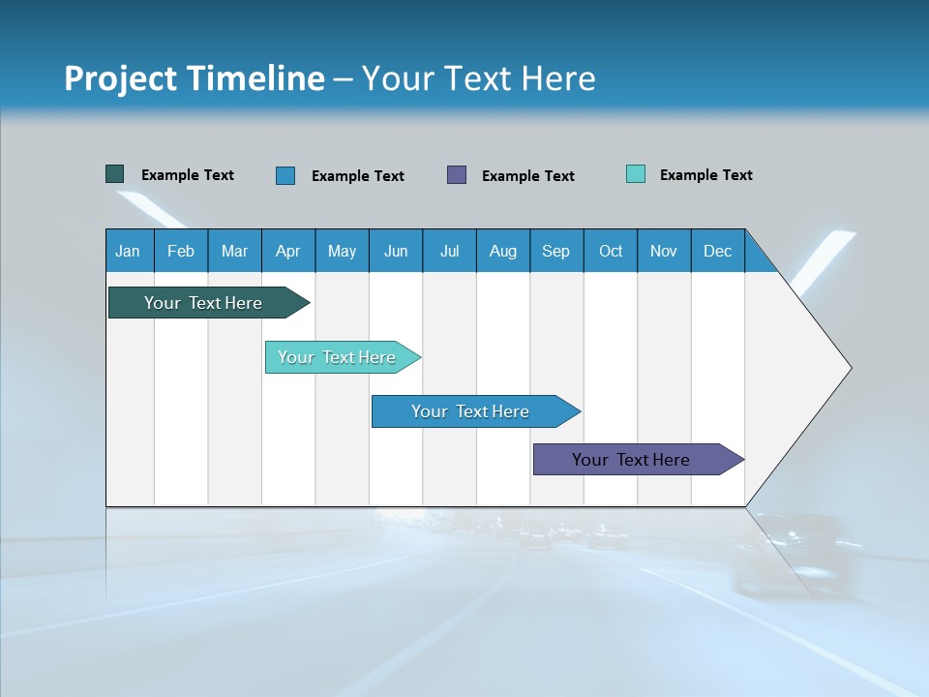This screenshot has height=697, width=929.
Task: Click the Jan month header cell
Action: (129, 251)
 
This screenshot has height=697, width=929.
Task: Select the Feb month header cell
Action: (181, 251)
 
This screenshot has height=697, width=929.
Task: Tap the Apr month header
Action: (288, 251)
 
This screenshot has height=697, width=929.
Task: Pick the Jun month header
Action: (396, 251)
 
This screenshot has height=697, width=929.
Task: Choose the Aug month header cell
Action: (503, 251)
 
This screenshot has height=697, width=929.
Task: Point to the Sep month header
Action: (556, 251)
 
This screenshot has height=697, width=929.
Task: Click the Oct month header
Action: (611, 251)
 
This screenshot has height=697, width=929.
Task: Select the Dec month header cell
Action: (718, 251)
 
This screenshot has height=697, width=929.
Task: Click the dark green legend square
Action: (114, 174)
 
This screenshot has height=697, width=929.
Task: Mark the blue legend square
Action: (285, 175)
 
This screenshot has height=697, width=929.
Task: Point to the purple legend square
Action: (457, 174)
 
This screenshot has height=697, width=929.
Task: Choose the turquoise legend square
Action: (636, 174)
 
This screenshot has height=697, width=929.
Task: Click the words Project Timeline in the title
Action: (194, 78)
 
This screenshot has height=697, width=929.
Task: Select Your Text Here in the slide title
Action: (479, 78)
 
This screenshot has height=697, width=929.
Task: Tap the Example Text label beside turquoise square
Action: (705, 175)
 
